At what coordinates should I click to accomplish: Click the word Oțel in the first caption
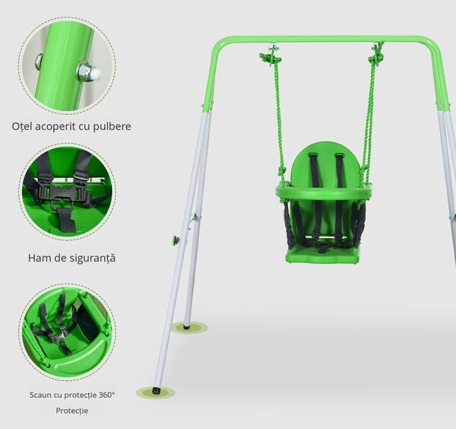pos(22,126)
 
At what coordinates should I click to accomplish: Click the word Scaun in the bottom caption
pos(39,395)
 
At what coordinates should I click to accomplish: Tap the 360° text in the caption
pos(106,395)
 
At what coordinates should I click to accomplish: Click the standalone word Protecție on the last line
pos(72,411)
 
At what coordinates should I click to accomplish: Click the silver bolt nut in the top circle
pos(88,72)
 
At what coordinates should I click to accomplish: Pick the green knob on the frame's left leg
pos(176,240)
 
